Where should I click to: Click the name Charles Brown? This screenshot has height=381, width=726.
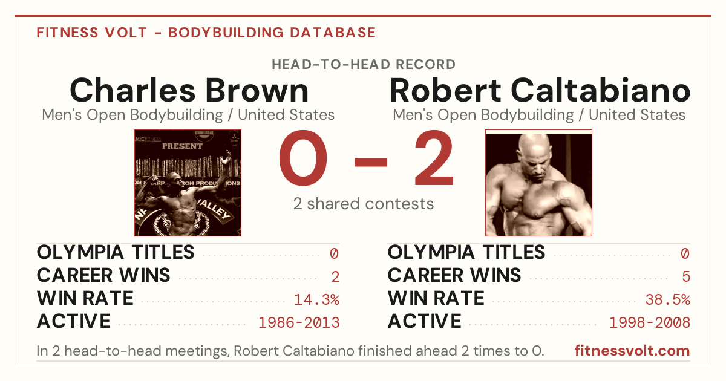(189, 90)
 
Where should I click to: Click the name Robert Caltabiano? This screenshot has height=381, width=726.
(540, 90)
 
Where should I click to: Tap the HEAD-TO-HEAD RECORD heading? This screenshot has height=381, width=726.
(364, 65)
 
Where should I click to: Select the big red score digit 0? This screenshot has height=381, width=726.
(303, 158)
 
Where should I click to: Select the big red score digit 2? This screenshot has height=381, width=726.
(434, 158)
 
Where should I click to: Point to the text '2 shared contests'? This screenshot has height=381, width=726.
(364, 204)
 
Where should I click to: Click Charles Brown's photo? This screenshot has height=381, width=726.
(188, 183)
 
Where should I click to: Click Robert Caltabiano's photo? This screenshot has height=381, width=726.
(538, 183)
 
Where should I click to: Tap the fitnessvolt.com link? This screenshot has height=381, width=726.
(632, 351)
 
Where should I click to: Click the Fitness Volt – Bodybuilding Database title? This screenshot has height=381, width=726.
(206, 33)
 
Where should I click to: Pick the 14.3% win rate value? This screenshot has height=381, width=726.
(316, 299)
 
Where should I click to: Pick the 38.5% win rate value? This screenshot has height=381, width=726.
(668, 299)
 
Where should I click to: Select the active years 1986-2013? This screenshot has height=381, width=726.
(299, 323)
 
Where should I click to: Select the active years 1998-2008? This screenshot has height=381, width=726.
(650, 323)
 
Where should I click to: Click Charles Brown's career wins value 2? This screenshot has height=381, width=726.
(335, 277)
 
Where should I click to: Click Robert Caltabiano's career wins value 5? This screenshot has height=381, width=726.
(686, 277)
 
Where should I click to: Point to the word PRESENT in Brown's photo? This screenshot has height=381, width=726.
(182, 146)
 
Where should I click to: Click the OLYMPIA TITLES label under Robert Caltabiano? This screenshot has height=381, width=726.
(466, 252)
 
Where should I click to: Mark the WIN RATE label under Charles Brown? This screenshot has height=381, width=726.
(85, 298)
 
